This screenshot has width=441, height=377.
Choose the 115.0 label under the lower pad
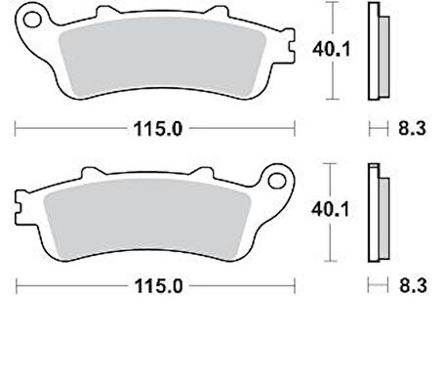(157, 287)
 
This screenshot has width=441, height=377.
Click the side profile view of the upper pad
(374, 51)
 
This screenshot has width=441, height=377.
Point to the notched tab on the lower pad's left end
(21, 207)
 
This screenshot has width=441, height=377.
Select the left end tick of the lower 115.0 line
(19, 287)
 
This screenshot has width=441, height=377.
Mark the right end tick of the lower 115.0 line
(295, 287)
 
